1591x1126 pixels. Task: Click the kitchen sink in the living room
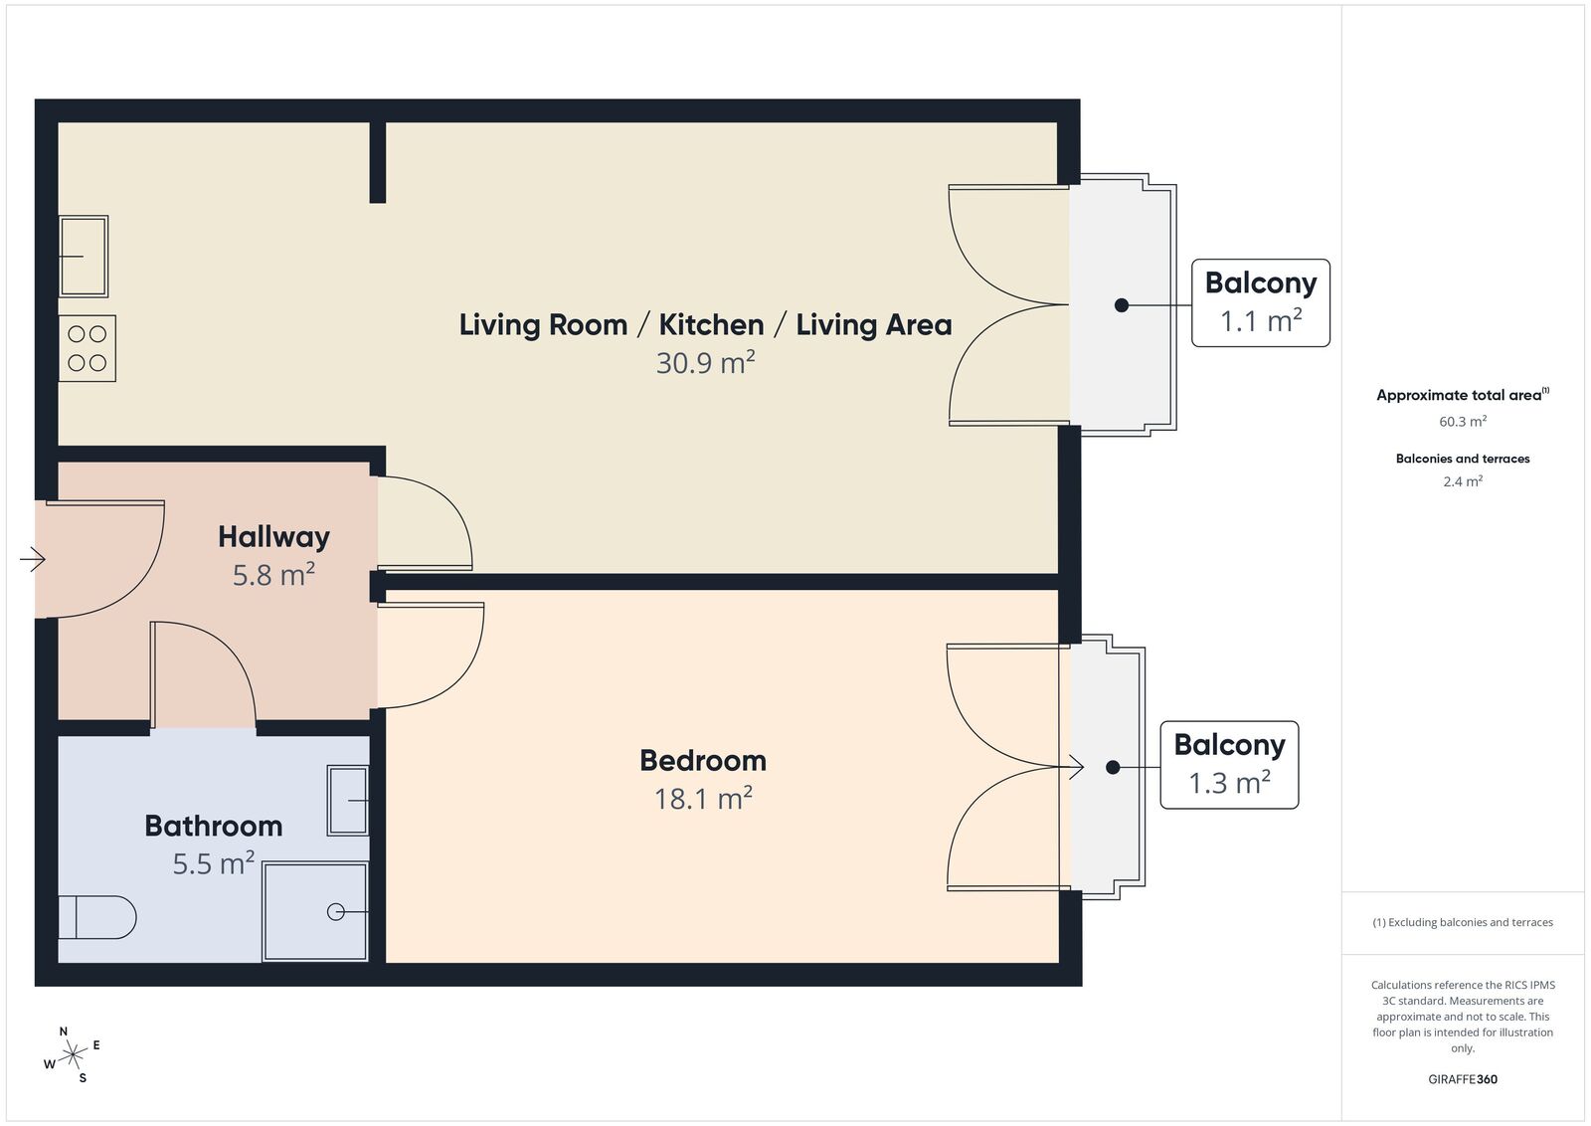(84, 256)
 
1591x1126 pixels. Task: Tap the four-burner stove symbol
(88, 348)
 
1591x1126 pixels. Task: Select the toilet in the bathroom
(96, 917)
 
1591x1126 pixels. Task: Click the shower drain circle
(335, 911)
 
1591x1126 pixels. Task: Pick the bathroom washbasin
(347, 800)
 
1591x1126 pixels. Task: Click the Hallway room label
(274, 537)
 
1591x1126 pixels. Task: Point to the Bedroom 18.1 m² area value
(703, 799)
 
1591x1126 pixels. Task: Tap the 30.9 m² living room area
(705, 362)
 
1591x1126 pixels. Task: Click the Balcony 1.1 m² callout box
(1261, 302)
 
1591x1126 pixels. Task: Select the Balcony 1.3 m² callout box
(1229, 765)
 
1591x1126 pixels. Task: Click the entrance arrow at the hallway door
(33, 559)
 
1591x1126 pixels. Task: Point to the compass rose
(72, 1055)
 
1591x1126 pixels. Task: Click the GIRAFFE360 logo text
(1463, 1079)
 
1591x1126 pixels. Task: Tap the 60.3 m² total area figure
(1463, 422)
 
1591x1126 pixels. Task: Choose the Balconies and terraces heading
(1463, 459)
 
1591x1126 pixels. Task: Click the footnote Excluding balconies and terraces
(1463, 922)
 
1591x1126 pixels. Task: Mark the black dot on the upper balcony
(1122, 304)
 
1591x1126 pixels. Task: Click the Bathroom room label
(214, 827)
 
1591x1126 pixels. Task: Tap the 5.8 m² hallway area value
(273, 575)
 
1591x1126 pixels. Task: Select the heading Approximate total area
(1463, 395)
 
